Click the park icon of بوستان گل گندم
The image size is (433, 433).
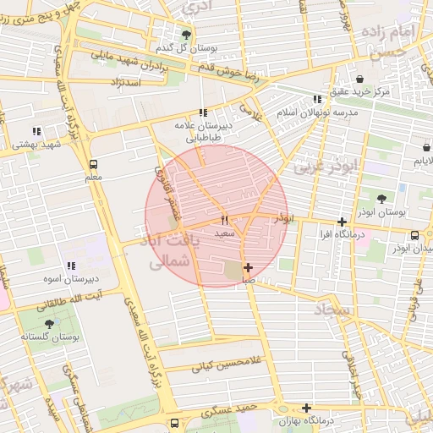click(186, 34)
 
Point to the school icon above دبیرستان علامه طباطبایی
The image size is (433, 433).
click(202, 112)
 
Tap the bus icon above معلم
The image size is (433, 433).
click(93, 164)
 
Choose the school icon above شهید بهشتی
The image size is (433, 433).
click(36, 131)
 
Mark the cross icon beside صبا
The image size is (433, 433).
click(247, 267)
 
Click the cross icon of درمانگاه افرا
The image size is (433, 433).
click(342, 222)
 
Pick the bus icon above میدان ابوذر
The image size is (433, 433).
click(414, 236)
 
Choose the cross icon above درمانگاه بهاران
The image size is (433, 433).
click(307, 408)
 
